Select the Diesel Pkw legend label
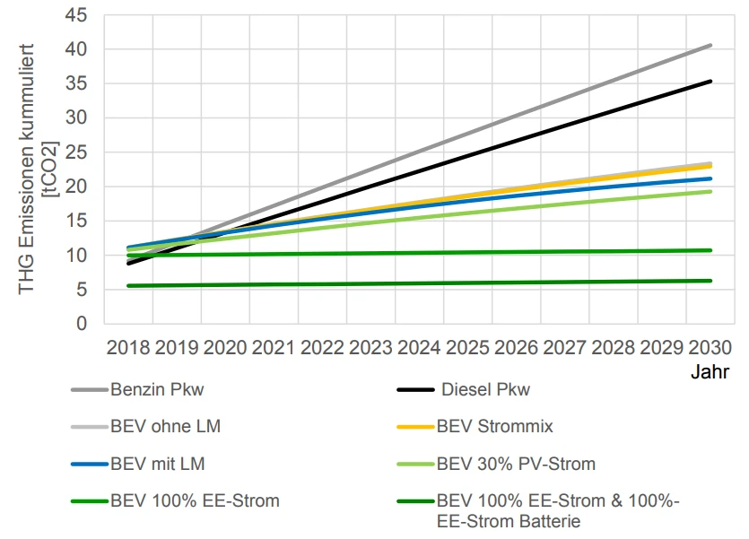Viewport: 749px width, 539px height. click(485, 390)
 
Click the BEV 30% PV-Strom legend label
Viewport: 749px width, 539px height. click(516, 464)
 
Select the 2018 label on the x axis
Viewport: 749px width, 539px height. click(130, 346)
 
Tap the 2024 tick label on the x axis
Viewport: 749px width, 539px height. click(420, 346)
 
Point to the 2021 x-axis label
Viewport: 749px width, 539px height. click(274, 346)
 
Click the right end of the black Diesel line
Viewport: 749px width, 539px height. click(710, 82)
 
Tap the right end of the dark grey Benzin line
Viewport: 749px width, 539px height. click(710, 45)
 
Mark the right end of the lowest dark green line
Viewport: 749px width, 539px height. click(710, 281)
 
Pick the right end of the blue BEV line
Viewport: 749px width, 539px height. click(710, 178)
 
